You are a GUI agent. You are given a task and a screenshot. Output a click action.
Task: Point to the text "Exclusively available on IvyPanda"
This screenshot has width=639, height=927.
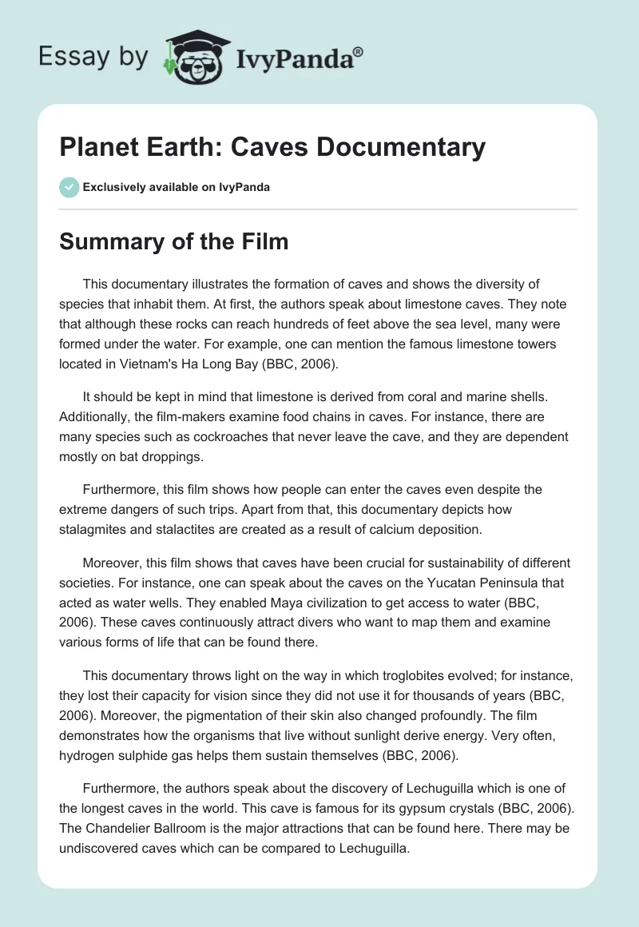click(x=176, y=188)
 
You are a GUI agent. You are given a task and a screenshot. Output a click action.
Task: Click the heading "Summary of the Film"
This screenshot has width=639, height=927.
click(x=173, y=243)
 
